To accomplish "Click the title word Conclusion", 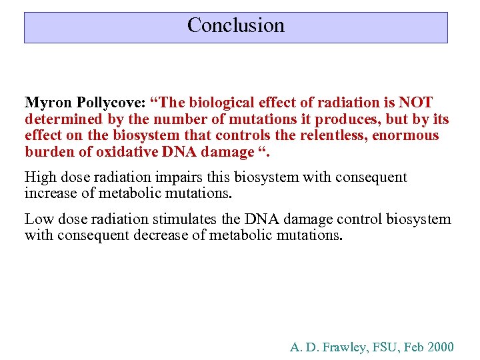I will coord(235,25).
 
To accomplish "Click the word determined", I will coord(59,119).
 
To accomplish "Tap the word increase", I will coord(49,193).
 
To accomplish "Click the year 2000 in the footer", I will coord(441,347).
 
